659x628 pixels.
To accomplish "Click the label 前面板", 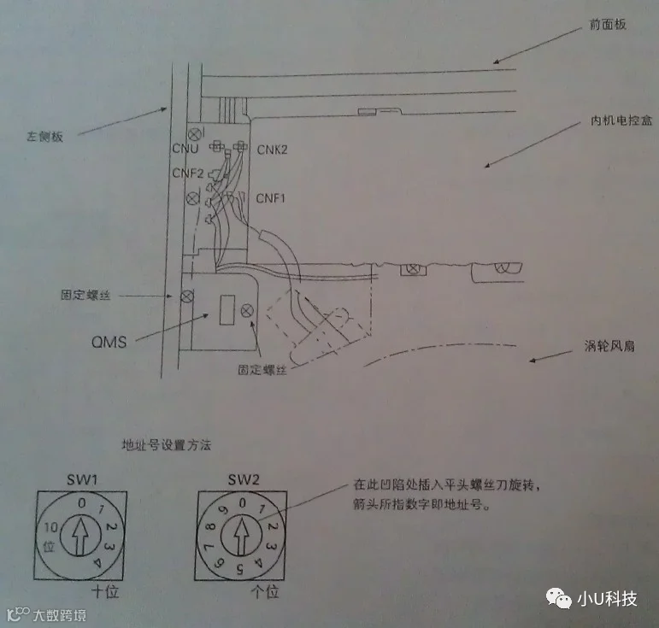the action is tap(608, 24).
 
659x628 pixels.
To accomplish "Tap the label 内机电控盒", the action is tap(621, 120).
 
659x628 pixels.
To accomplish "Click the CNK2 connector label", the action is tap(272, 150).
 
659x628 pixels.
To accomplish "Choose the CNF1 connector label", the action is tap(272, 197).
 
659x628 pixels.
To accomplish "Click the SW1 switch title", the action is tap(80, 478).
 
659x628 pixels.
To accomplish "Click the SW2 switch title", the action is tap(242, 478).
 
